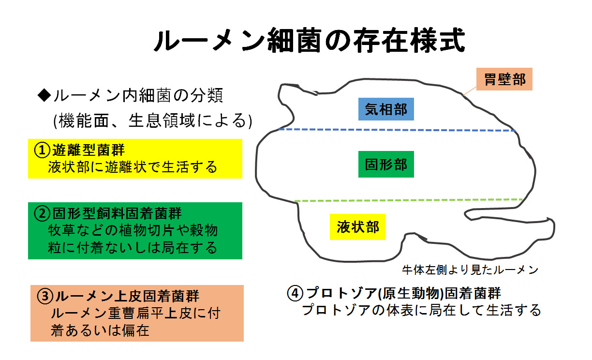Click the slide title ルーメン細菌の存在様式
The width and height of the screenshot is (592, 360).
pyautogui.click(x=309, y=41)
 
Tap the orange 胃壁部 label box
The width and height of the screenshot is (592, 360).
pyautogui.click(x=504, y=79)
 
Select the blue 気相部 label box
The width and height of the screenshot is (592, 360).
pyautogui.click(x=386, y=109)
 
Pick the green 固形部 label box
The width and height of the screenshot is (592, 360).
pyautogui.click(x=386, y=164)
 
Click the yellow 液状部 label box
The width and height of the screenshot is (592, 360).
pyautogui.click(x=357, y=227)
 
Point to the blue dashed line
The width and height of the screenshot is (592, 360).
pyautogui.click(x=397, y=130)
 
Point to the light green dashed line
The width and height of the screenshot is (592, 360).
pyautogui.click(x=409, y=200)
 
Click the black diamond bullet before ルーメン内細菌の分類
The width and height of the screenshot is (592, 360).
pyautogui.click(x=44, y=95)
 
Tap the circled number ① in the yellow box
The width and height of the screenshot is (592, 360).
pyautogui.click(x=42, y=150)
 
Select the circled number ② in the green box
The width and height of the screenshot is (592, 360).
pyautogui.click(x=42, y=213)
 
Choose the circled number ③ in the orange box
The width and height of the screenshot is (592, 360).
pyautogui.click(x=45, y=296)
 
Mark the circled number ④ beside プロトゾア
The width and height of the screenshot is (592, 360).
pyautogui.click(x=295, y=293)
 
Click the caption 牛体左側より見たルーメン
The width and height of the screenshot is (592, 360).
pyautogui.click(x=470, y=270)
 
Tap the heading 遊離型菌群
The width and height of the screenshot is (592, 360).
pyautogui.click(x=89, y=150)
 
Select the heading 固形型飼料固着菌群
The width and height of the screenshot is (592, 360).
pyautogui.click(x=117, y=213)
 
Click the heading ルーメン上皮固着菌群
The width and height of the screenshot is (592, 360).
pyautogui.click(x=127, y=296)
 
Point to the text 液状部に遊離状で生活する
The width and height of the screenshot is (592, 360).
pyautogui.click(x=133, y=167)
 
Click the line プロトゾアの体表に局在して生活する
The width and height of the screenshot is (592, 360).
pyautogui.click(x=421, y=310)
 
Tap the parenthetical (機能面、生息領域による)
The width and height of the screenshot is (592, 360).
pyautogui.click(x=153, y=120)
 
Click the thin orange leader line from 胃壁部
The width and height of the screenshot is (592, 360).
pyautogui.click(x=469, y=91)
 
